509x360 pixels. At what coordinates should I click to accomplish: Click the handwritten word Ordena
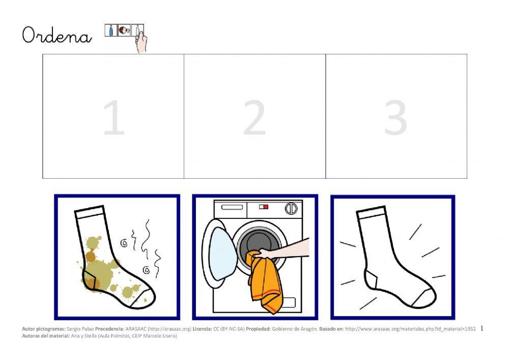click(57, 35)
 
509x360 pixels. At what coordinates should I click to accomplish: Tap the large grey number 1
click(114, 117)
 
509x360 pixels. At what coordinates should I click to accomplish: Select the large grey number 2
click(255, 117)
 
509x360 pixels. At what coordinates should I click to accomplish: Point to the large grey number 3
click(395, 117)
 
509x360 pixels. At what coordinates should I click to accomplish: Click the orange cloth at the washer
click(265, 283)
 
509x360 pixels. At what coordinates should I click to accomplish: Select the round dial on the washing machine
click(291, 209)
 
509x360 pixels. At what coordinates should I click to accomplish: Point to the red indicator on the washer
click(266, 207)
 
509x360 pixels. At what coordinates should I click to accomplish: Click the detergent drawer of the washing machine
click(232, 207)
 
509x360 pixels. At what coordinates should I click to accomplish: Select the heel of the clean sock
click(371, 279)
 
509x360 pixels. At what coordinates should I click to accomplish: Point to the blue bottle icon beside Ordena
click(110, 30)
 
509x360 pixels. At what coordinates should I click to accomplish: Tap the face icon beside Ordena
click(124, 31)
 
